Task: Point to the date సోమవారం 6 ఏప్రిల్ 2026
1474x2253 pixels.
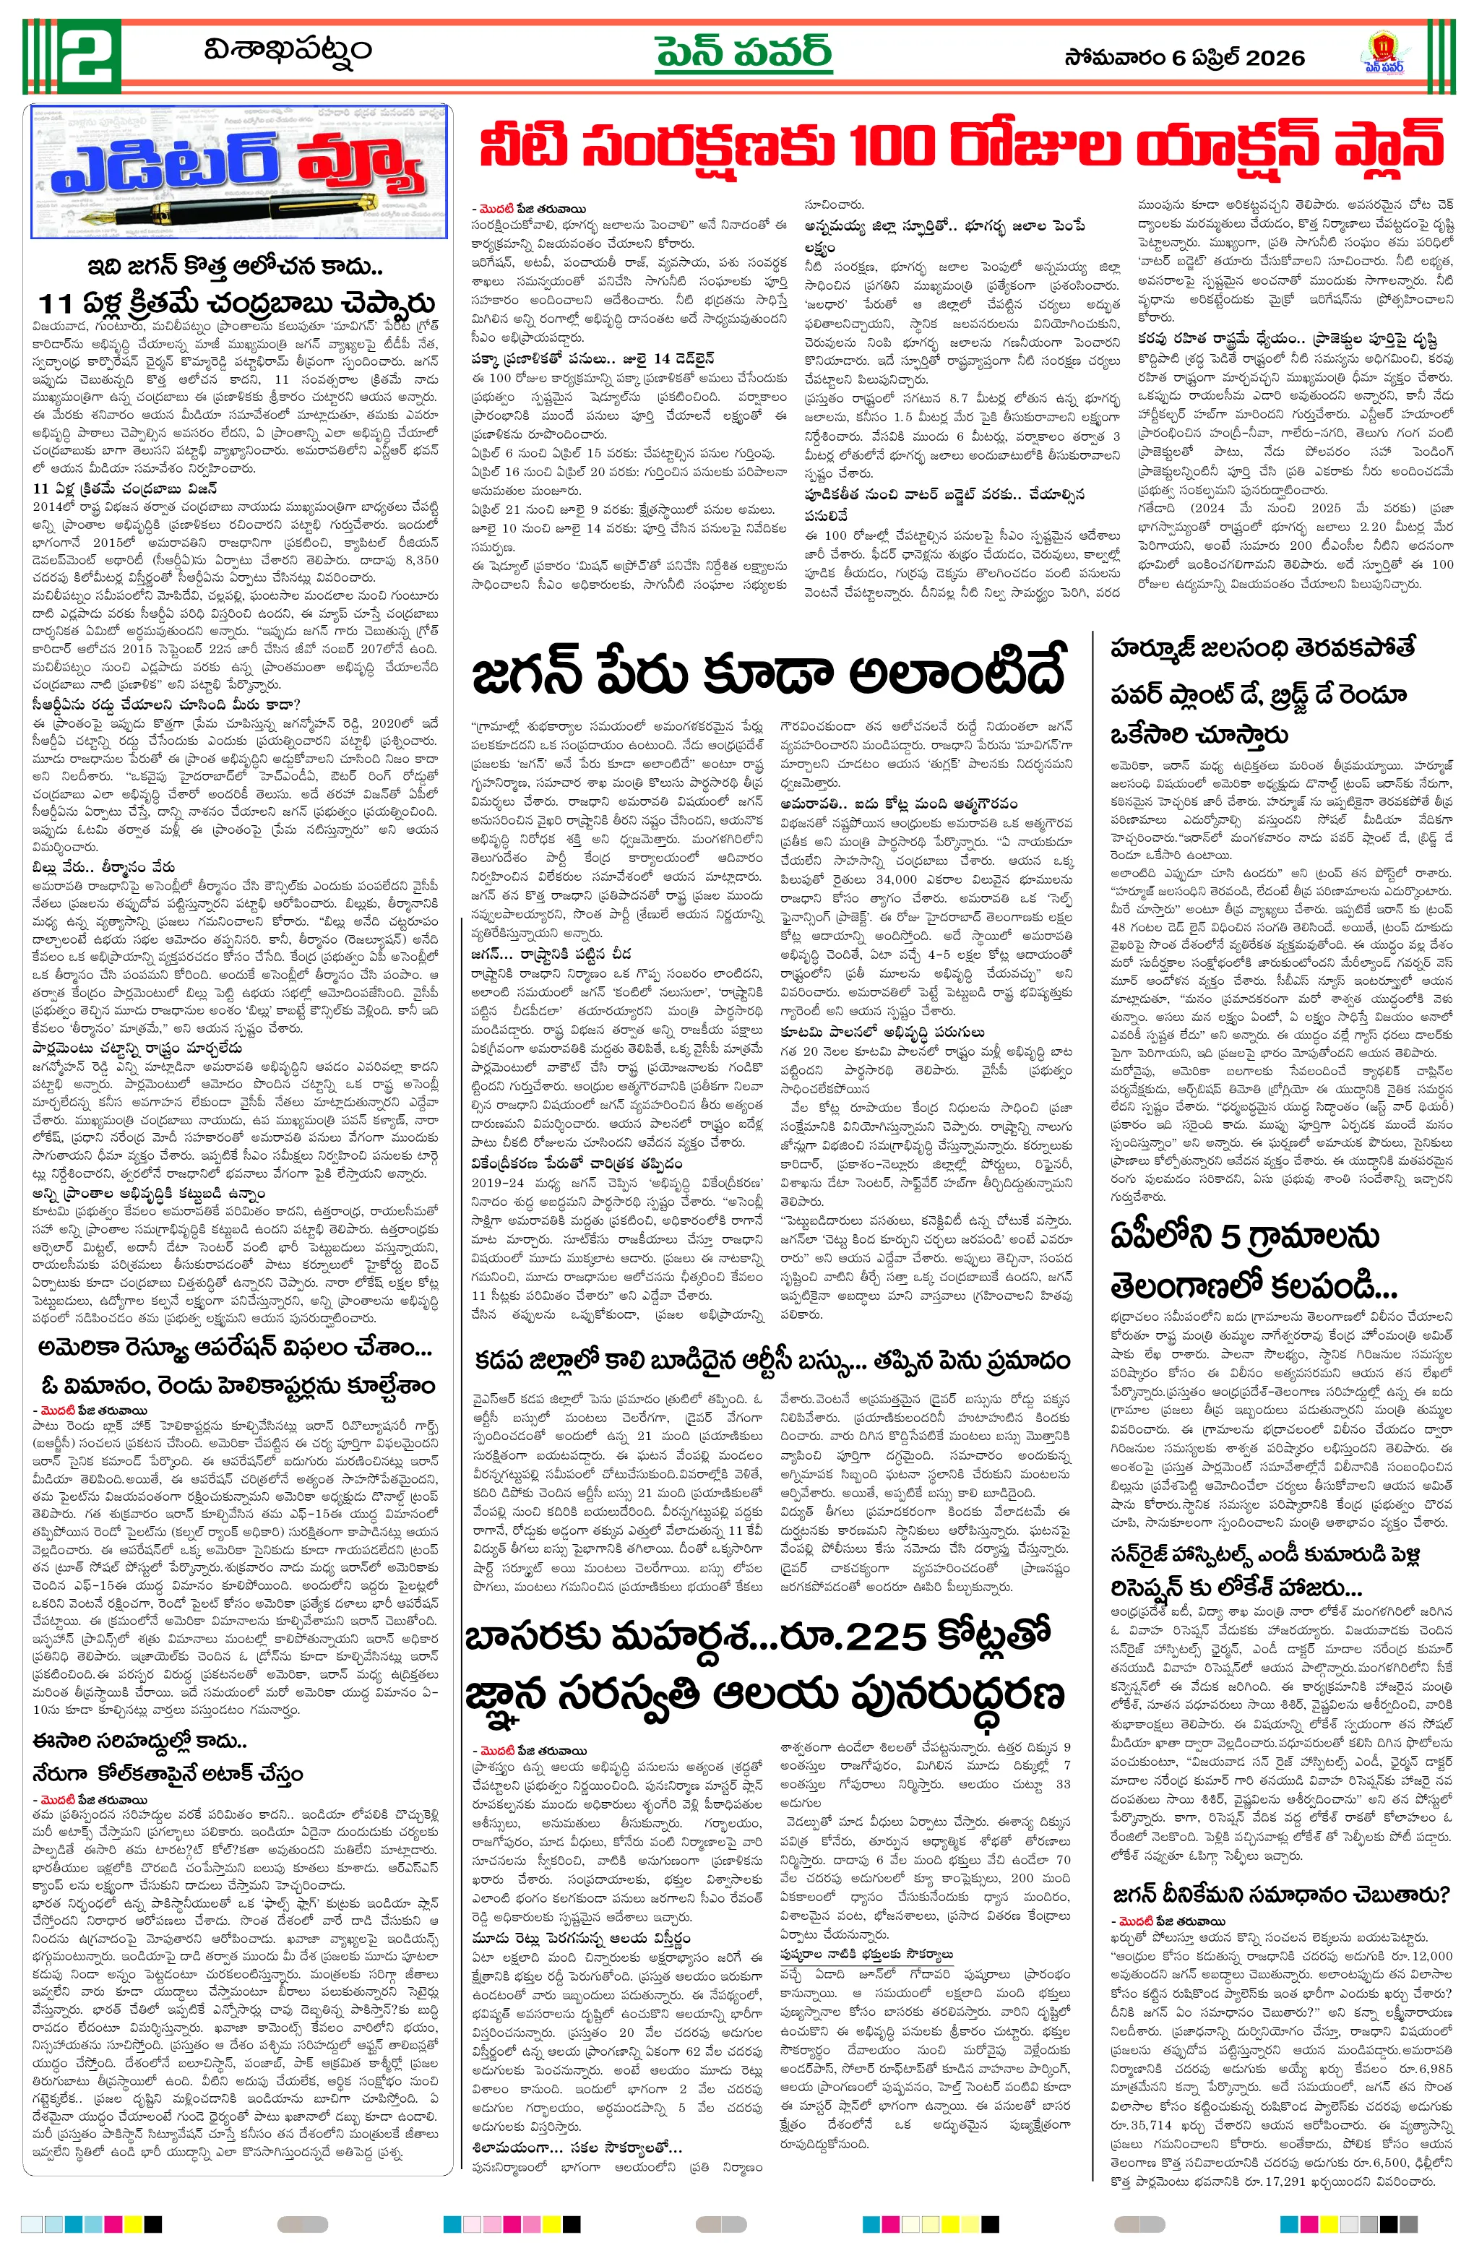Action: (x=1184, y=58)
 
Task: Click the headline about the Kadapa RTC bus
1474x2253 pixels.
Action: (x=772, y=1361)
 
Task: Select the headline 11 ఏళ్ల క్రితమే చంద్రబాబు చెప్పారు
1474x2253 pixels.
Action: (x=237, y=303)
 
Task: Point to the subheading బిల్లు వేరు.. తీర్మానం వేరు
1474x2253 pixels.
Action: (x=103, y=866)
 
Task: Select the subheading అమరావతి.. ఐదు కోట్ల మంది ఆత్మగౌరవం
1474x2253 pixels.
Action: (x=900, y=804)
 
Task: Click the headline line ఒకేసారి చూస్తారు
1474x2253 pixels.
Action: (x=1199, y=735)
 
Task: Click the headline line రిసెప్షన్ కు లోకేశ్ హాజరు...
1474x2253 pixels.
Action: (x=1236, y=1588)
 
